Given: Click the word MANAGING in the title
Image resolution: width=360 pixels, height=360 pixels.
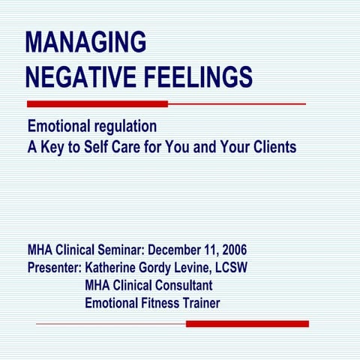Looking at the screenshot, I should [86, 43].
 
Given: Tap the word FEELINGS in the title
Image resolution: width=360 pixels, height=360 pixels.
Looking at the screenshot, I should [199, 76].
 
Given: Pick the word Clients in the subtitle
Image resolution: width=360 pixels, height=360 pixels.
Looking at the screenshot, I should [271, 146].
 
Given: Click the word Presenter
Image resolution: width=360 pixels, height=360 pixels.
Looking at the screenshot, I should [54, 268].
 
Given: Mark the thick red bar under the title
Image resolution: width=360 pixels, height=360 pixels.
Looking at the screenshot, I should [97, 103].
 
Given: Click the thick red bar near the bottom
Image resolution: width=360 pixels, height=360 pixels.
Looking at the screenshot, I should [247, 324].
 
